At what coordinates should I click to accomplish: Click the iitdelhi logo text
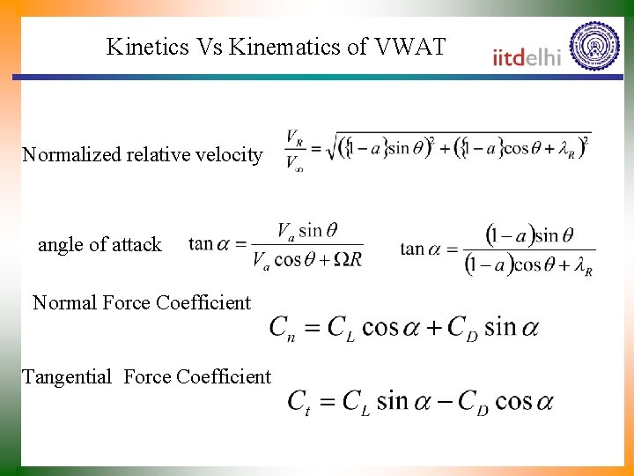pos(527,57)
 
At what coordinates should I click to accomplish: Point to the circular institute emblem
pos(594,46)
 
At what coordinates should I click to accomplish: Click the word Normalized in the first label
pos(71,155)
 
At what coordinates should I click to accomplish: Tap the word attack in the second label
pos(138,245)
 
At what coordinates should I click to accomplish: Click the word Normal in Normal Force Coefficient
pos(65,303)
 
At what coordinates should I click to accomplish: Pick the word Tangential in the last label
pos(67,377)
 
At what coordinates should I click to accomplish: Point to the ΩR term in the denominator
pos(349,259)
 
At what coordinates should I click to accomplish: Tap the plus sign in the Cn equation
pos(431,328)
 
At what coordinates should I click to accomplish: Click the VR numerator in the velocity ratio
pos(295,138)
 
